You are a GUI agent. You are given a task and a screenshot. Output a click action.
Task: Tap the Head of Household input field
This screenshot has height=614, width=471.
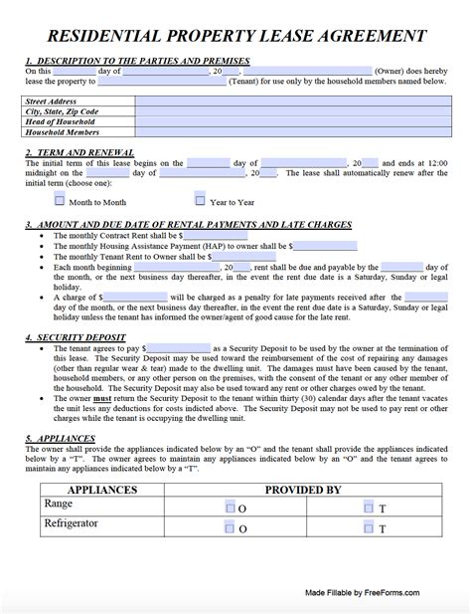click(x=298, y=121)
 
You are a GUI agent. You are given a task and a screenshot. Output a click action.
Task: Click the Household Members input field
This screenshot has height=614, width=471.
click(x=298, y=131)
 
